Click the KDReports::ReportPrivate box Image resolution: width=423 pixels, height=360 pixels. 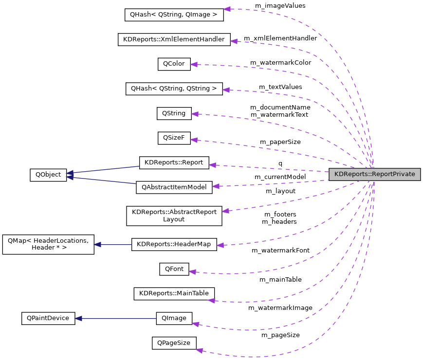374,175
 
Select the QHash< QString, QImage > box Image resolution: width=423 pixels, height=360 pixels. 174,14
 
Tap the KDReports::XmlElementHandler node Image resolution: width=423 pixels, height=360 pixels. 174,39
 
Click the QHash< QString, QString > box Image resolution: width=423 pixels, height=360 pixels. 174,89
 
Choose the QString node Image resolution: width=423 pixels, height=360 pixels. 174,113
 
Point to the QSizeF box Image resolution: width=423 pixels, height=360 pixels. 174,138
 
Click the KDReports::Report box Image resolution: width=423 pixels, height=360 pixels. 174,163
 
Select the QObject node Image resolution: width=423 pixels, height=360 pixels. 48,175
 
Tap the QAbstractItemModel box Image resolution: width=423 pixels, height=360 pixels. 174,187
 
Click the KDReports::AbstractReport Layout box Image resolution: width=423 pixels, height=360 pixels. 174,216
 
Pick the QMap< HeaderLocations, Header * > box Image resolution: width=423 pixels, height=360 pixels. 48,244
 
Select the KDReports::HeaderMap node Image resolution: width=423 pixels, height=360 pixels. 174,244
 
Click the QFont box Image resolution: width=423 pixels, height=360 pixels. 174,269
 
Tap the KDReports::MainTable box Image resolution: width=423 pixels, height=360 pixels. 174,293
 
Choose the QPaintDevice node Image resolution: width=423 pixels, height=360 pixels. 48,319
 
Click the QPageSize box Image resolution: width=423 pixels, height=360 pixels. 174,343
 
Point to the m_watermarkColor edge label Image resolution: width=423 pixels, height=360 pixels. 280,63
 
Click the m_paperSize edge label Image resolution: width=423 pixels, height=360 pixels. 280,142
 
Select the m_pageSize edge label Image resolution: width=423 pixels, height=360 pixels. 280,335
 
